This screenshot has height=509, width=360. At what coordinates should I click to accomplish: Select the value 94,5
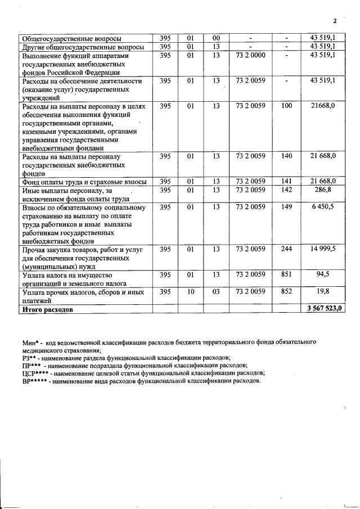pyautogui.click(x=326, y=275)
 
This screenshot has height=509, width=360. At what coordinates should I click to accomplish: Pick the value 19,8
pyautogui.click(x=326, y=291)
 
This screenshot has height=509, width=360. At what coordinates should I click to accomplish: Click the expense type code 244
pyautogui.click(x=286, y=249)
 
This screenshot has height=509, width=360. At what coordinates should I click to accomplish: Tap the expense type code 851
pyautogui.click(x=286, y=275)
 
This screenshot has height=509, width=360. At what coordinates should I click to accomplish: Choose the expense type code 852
pyautogui.click(x=286, y=291)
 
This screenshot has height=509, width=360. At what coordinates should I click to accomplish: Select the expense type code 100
pyautogui.click(x=286, y=105)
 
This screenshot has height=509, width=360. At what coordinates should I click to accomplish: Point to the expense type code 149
pyautogui.click(x=286, y=207)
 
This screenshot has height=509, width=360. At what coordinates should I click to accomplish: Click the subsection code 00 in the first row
pyautogui.click(x=217, y=38)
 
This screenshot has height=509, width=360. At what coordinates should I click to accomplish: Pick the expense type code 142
pyautogui.click(x=286, y=191)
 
